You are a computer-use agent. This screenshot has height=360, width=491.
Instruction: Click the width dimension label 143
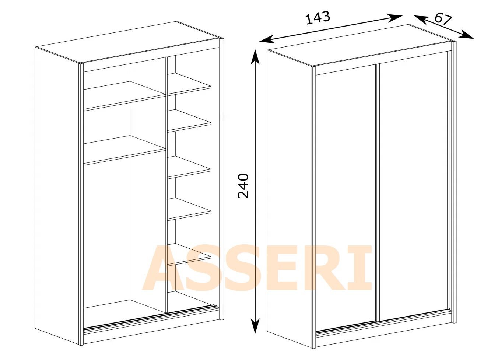(x=318, y=18)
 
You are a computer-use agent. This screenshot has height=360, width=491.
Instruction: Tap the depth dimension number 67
(x=443, y=19)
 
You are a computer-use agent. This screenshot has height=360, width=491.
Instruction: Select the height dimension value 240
(x=243, y=186)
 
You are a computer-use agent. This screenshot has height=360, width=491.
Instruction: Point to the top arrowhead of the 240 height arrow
(x=255, y=57)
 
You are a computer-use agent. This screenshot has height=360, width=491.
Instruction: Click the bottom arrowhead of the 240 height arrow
(x=255, y=326)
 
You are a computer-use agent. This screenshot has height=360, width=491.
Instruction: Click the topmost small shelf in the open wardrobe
(x=189, y=84)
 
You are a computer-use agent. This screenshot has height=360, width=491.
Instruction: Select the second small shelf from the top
(x=189, y=121)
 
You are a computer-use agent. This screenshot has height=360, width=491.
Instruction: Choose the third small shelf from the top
(x=189, y=167)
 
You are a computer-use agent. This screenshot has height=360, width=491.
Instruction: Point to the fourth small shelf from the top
(x=189, y=209)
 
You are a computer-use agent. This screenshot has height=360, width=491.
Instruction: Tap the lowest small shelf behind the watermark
(x=189, y=255)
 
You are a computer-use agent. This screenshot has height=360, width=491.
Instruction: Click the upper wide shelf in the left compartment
(x=124, y=96)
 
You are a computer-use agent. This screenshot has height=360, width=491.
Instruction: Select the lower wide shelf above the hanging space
(x=124, y=150)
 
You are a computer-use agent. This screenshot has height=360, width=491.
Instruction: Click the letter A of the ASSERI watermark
(x=161, y=268)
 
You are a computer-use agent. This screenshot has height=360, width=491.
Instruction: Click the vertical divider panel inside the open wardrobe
(x=166, y=185)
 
